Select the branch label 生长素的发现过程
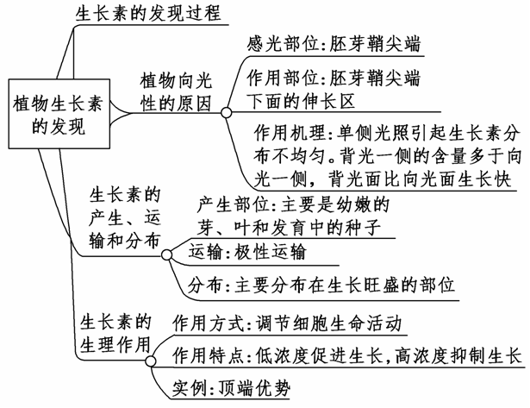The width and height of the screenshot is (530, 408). point(148,14)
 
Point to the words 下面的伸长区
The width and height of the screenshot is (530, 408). point(299,102)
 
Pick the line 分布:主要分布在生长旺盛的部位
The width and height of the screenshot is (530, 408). point(321,284)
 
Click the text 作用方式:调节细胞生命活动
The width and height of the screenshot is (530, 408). point(287,323)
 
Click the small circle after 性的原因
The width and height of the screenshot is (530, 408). point(226,112)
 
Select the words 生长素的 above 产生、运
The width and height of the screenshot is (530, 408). point(125,192)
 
